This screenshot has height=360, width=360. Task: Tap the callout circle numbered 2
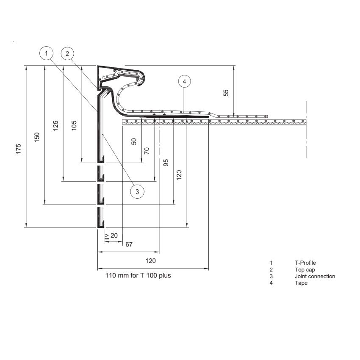(67, 53)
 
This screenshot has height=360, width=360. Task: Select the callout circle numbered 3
(137, 191)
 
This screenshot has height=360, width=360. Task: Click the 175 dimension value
(19, 149)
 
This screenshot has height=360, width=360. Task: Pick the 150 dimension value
(37, 138)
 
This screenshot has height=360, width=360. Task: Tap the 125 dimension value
(56, 126)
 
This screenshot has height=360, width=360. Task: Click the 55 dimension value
(226, 93)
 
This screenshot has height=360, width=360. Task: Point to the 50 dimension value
(134, 141)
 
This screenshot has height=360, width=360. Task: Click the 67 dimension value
(129, 244)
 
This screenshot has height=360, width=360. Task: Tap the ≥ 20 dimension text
(111, 235)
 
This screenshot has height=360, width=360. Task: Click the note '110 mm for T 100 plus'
(138, 275)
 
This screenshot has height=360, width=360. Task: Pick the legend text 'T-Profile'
(305, 263)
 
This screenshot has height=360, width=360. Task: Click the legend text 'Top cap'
(305, 270)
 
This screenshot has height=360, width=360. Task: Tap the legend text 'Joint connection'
(315, 277)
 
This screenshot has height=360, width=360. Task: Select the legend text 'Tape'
(301, 283)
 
